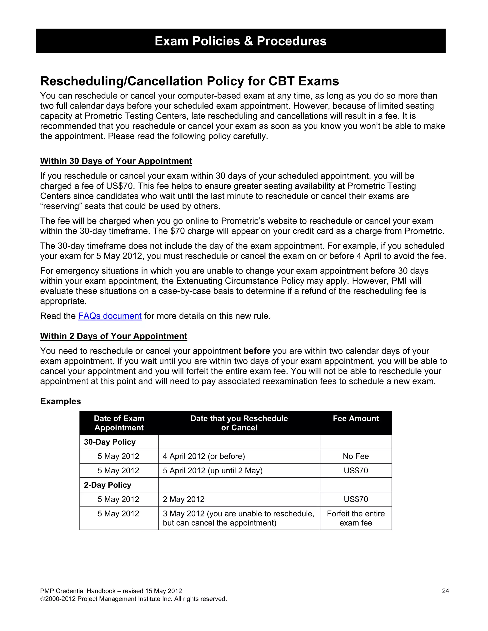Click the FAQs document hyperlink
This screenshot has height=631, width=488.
coord(110,316)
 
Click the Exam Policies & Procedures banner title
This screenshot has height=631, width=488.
coord(240,41)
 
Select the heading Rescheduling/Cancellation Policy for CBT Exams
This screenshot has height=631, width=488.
coord(189,81)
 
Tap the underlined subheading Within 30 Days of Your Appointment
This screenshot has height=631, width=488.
coord(116,161)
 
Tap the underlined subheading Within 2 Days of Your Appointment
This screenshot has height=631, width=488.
coord(114,336)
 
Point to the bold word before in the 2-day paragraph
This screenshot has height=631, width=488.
coord(256,351)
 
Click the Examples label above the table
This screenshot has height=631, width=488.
coord(61,401)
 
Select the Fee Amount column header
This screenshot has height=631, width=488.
coord(356,418)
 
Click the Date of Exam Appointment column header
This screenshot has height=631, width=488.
coord(119,423)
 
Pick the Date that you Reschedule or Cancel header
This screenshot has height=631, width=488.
coord(239,423)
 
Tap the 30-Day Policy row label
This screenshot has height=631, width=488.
coord(110,442)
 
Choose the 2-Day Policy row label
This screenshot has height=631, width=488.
coord(107,485)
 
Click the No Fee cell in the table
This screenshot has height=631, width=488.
coord(356,456)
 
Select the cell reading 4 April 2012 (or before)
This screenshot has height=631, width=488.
coord(203,456)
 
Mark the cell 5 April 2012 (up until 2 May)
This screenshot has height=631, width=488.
coord(213,471)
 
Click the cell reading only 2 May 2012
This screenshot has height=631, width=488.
coord(183,499)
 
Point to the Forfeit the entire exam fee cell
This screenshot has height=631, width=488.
coord(356,518)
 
